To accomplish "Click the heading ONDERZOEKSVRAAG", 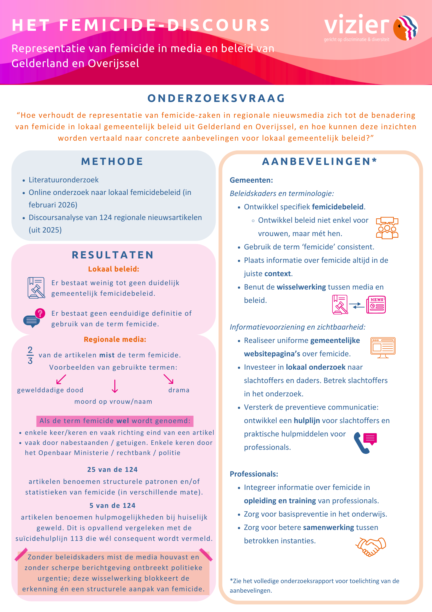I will click(216, 98).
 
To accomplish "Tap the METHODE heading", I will click(112, 161).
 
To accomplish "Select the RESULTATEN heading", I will click(113, 255).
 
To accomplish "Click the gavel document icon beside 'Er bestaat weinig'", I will click(36, 288).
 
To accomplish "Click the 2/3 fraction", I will click(30, 355).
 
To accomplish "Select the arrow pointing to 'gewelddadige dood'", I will click(61, 379).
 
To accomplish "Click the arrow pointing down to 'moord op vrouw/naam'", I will click(115, 386).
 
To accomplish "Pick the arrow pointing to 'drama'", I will click(168, 379).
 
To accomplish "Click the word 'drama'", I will click(179, 390).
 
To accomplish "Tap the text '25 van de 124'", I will click(112, 469).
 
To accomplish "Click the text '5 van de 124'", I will click(112, 506).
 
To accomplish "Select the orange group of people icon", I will click(387, 228).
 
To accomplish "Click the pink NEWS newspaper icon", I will click(376, 305).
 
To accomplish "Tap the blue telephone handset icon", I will click(361, 444).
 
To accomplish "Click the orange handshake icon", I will click(371, 546).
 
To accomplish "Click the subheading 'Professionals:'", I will click(254, 474).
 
